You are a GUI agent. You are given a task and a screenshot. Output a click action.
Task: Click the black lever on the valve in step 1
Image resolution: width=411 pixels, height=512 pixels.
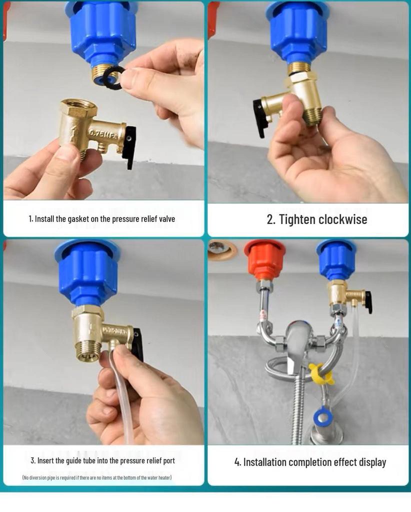click(x=129, y=146)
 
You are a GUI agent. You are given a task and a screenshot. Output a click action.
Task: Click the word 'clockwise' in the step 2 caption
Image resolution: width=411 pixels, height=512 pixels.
click(x=342, y=219)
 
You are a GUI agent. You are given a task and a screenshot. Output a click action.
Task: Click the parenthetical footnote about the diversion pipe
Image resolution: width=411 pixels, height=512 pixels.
click(x=97, y=477)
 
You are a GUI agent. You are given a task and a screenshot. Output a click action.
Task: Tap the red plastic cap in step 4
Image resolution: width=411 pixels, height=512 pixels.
click(x=264, y=259)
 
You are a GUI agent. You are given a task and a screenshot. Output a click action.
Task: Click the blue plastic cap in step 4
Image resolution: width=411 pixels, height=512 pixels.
click(x=336, y=259)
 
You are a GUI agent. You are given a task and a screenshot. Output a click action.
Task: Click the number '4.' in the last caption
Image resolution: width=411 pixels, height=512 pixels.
click(x=237, y=462)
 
